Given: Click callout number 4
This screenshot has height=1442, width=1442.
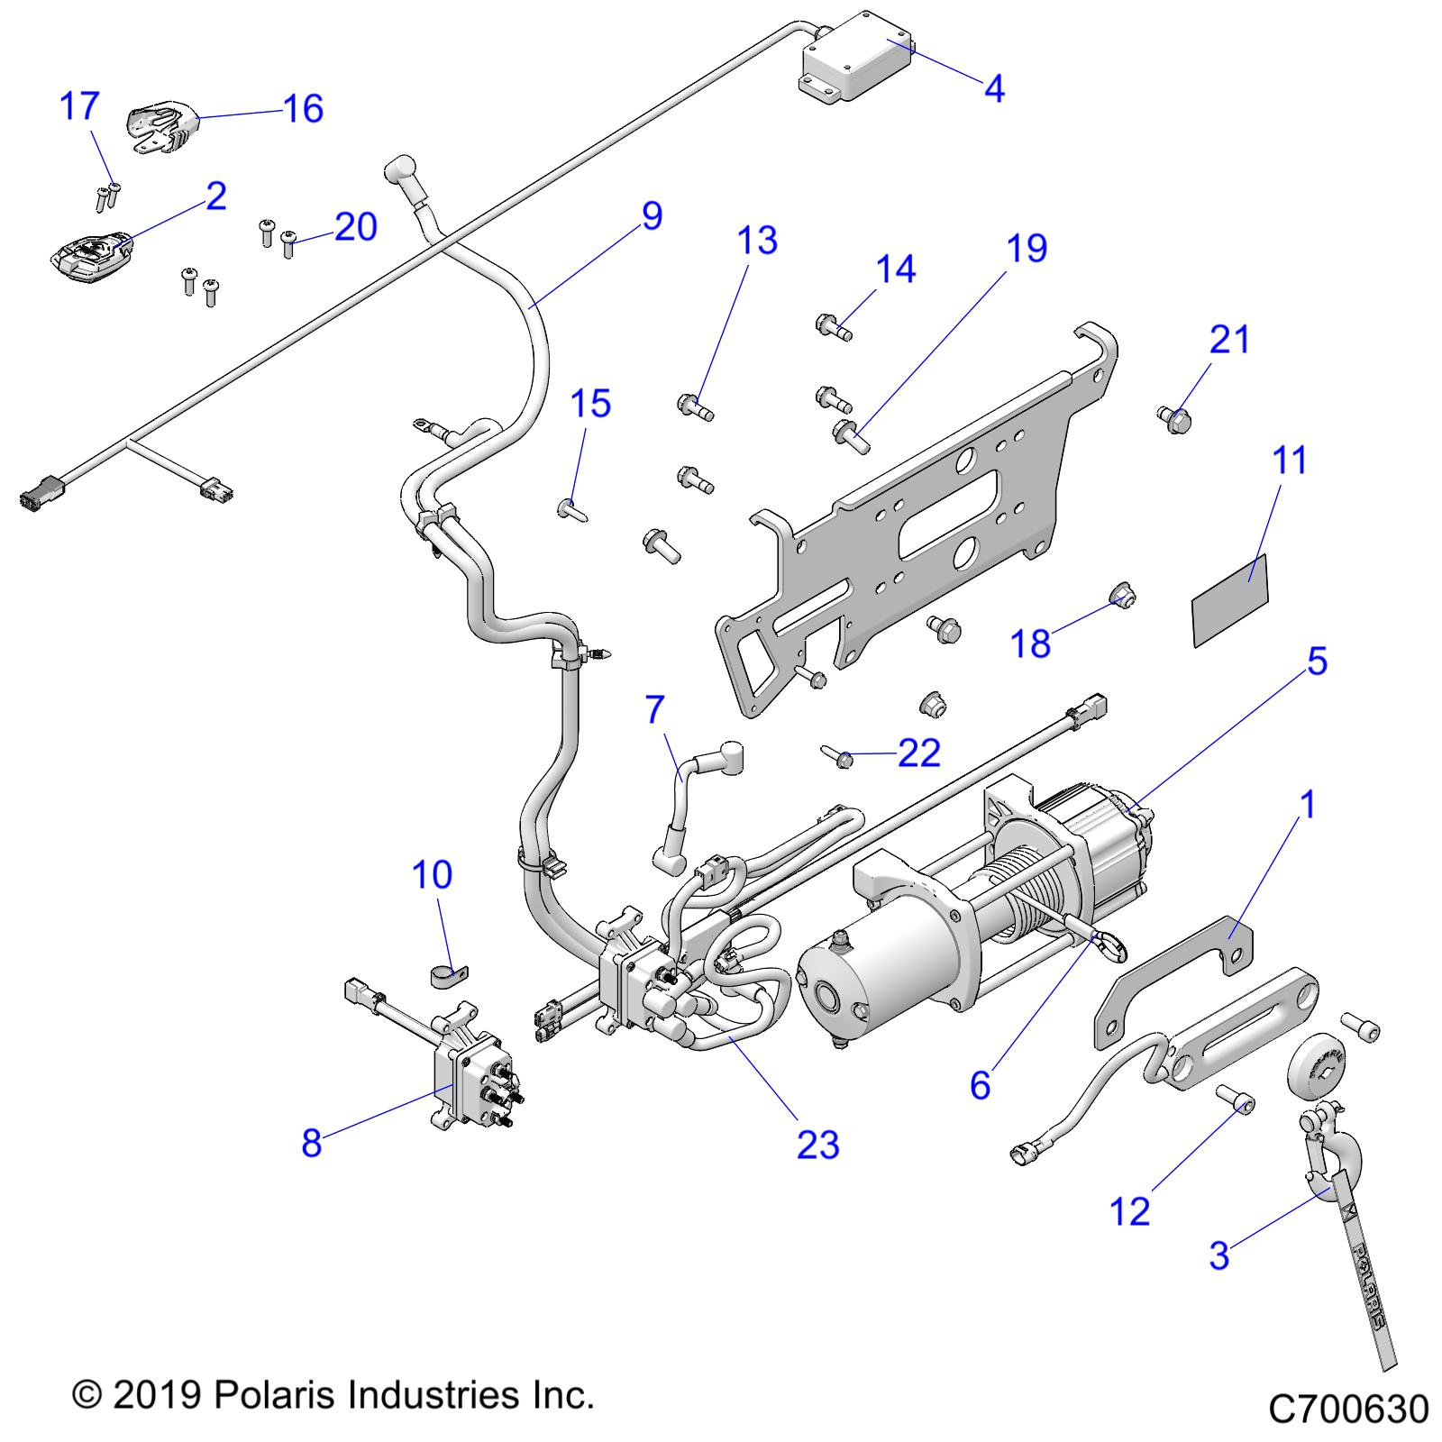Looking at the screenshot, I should pyautogui.click(x=993, y=88).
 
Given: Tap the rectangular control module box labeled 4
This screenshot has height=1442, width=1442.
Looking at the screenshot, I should pyautogui.click(x=856, y=59).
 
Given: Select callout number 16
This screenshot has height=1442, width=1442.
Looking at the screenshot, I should pyautogui.click(x=303, y=109).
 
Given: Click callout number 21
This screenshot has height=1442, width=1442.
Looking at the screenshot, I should pyautogui.click(x=1230, y=340).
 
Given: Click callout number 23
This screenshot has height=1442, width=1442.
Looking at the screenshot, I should pyautogui.click(x=817, y=1145).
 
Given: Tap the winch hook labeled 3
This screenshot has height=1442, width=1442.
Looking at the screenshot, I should pyautogui.click(x=1319, y=1155).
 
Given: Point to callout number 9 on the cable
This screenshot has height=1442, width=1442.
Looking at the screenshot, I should pyautogui.click(x=653, y=216).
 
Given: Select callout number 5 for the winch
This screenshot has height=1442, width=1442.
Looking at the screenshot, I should pyautogui.click(x=1317, y=662).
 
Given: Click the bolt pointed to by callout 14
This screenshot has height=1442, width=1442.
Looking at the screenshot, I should pyautogui.click(x=833, y=325).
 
